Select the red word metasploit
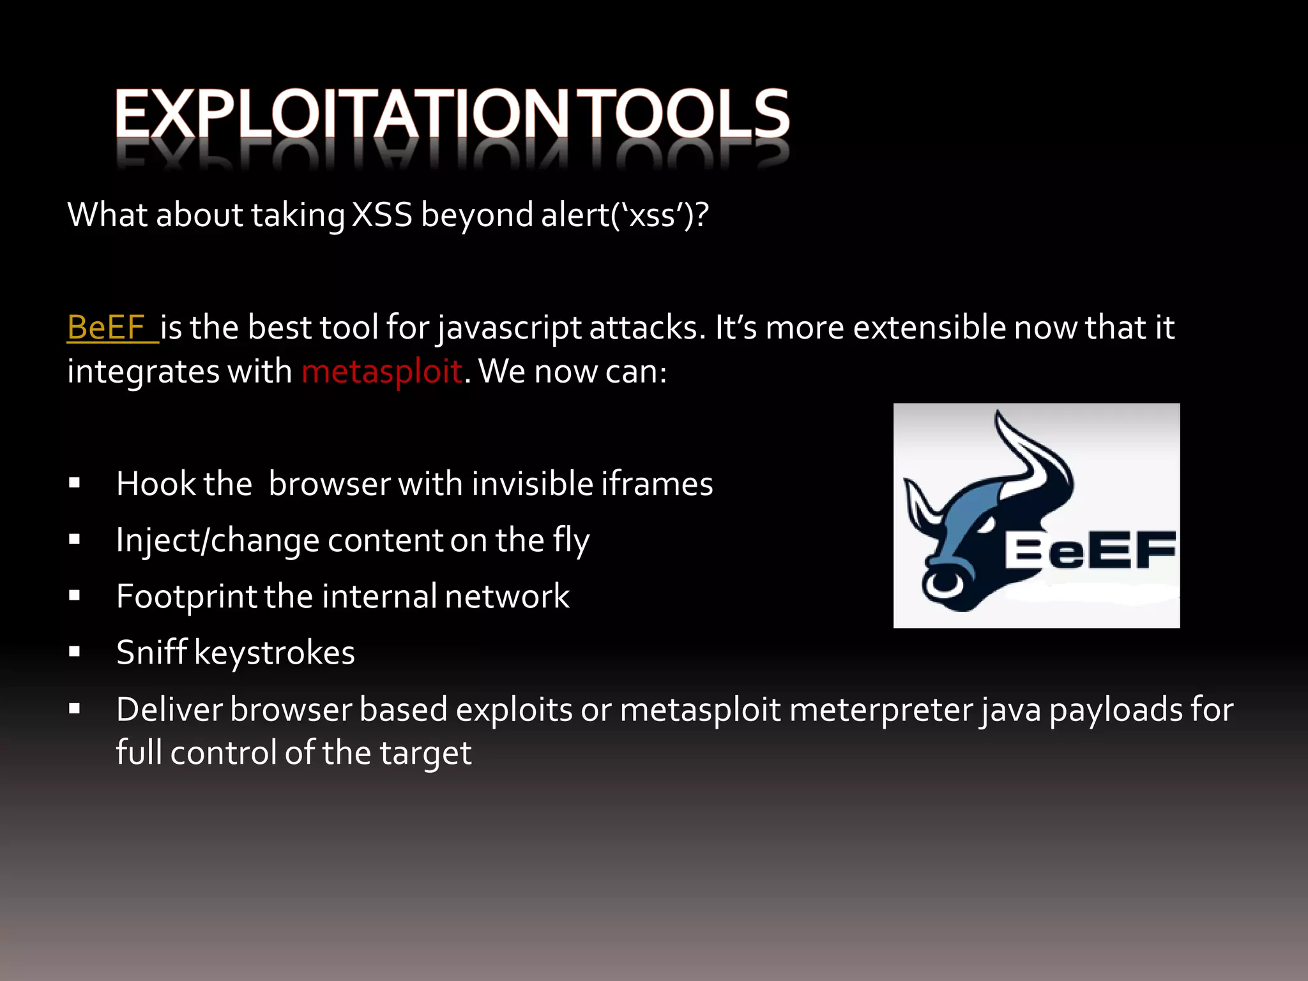pyautogui.click(x=382, y=371)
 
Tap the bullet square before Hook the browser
pyautogui.click(x=75, y=483)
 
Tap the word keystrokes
pyautogui.click(x=274, y=653)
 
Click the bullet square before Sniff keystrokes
pyautogui.click(x=75, y=652)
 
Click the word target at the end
pyautogui.click(x=425, y=753)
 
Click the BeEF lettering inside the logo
pyautogui.click(x=1090, y=551)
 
